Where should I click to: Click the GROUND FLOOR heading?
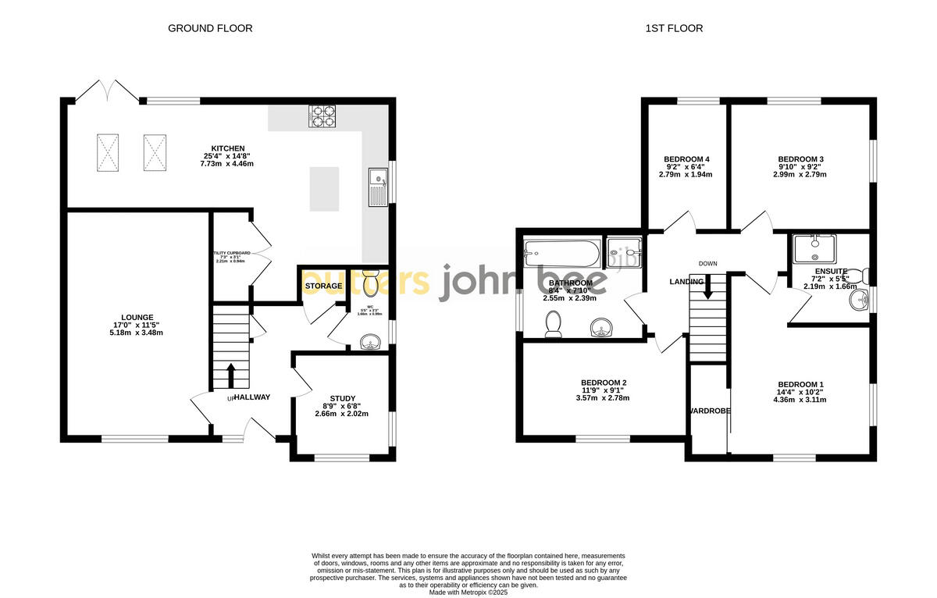pos(210,29)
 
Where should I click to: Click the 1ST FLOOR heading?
pos(674,29)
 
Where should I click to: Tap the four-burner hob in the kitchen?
pos(322,116)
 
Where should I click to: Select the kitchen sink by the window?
pos(377,188)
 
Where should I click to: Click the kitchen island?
pos(324,189)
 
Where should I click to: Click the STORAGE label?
pos(323,287)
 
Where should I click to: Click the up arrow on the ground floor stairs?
pos(230,375)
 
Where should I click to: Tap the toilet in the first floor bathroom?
pos(554,324)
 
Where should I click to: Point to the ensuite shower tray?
pos(814,248)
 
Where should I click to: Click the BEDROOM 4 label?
pos(686,159)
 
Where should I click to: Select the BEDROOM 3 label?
pos(800,159)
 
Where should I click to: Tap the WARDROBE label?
pos(709,411)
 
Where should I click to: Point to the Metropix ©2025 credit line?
pos(468,592)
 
